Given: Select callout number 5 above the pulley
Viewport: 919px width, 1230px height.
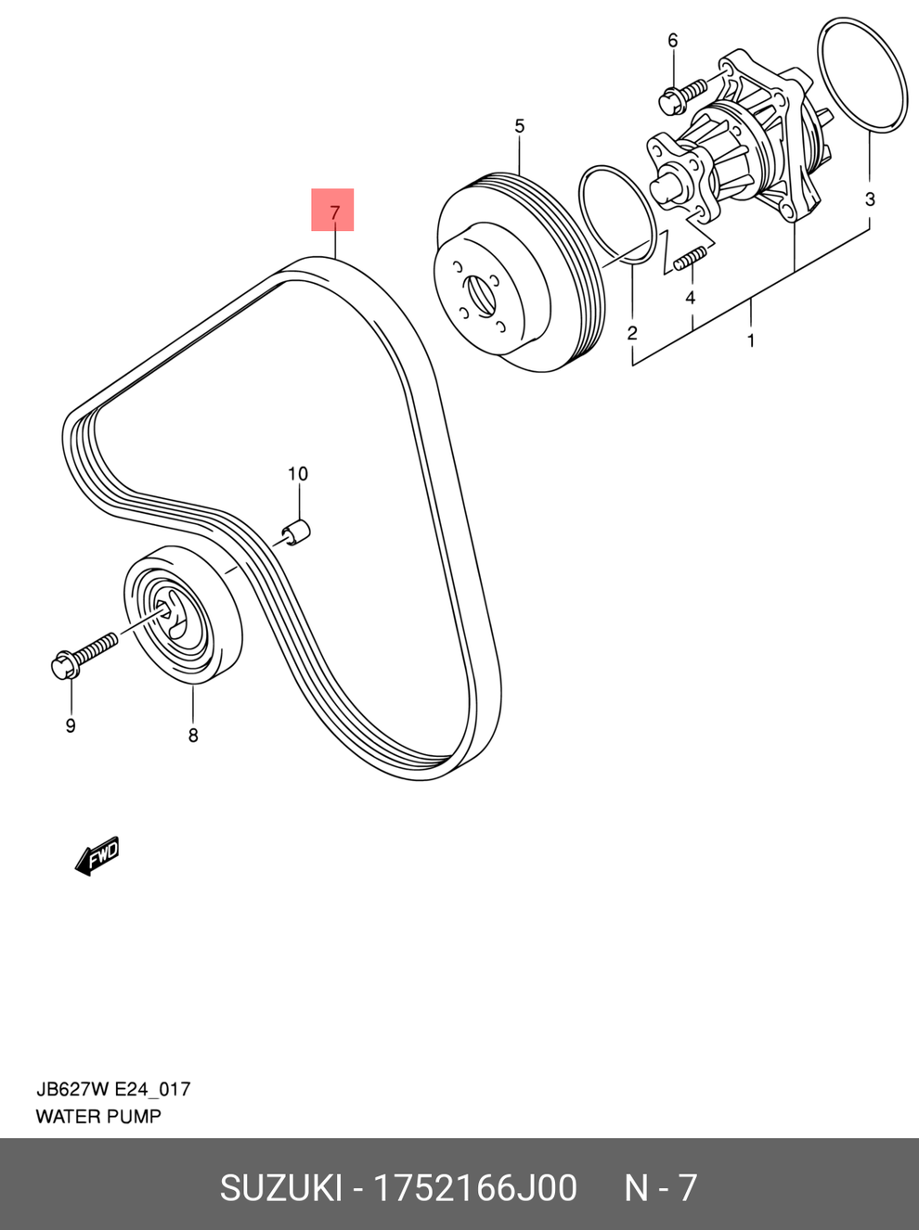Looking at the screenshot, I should (519, 126).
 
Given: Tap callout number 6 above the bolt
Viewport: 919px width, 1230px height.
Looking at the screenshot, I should (673, 41).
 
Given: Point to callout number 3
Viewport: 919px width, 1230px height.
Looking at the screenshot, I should (870, 199).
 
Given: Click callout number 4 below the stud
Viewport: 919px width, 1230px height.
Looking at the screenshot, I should (690, 298).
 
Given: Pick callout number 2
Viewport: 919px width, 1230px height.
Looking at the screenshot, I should (632, 333).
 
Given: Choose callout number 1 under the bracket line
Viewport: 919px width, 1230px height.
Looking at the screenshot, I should (751, 340).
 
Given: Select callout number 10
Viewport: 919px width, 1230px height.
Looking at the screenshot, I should (297, 474).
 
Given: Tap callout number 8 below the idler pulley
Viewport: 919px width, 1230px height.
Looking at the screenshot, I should (193, 736).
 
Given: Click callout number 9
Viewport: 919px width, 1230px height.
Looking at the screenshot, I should (71, 726).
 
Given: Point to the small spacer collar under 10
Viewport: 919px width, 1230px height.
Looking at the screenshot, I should (296, 532).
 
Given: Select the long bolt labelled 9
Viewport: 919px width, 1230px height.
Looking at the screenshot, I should (84, 652).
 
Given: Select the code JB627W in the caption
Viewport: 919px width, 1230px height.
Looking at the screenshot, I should (72, 1090).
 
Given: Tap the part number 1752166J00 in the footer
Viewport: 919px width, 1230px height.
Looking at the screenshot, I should (474, 1188).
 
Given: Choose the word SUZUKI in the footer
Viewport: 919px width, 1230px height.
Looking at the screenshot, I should (280, 1188).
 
